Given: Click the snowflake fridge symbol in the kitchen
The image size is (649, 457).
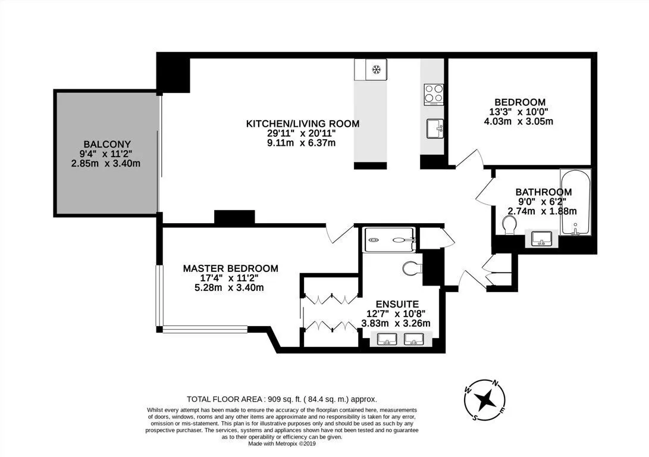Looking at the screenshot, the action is pyautogui.click(x=376, y=69).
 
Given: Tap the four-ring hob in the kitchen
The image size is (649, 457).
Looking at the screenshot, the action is pyautogui.click(x=433, y=95).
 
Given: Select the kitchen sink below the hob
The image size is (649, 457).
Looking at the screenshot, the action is pyautogui.click(x=435, y=129).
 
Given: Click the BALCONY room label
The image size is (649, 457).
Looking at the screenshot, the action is pyautogui.click(x=107, y=144).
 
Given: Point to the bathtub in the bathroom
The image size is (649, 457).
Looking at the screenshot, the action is pyautogui.click(x=575, y=202).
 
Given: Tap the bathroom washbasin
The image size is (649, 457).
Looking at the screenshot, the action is pyautogui.click(x=542, y=239).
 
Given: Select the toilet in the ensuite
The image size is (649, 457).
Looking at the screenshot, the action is pyautogui.click(x=412, y=268).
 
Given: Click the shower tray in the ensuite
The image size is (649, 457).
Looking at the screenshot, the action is pyautogui.click(x=388, y=240).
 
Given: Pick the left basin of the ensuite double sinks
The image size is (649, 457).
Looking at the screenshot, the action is pyautogui.click(x=387, y=339).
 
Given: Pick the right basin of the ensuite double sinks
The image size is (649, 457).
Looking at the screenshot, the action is pyautogui.click(x=414, y=339).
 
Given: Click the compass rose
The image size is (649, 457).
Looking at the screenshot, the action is pyautogui.click(x=485, y=399).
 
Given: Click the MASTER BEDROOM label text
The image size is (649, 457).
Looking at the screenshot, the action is pyautogui.click(x=231, y=268).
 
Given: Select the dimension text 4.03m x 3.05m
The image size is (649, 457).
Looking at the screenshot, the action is pyautogui.click(x=519, y=121).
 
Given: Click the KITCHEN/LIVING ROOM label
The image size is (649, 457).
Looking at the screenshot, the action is pyautogui.click(x=303, y=123).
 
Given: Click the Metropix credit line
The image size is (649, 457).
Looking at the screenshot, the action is pyautogui.click(x=282, y=443).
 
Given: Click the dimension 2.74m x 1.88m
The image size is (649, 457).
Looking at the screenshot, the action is pyautogui.click(x=542, y=211).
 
